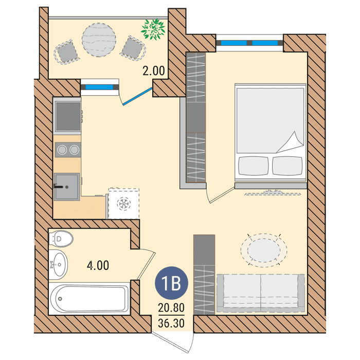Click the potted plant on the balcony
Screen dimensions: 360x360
click(153, 29)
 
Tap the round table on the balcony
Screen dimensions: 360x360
click(99, 40)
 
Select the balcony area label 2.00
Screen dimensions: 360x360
click(154, 71)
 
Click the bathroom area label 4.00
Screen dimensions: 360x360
click(98, 265)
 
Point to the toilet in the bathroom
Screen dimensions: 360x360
click(61, 239)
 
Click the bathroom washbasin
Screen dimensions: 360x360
click(58, 264)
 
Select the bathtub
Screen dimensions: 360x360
click(89, 298)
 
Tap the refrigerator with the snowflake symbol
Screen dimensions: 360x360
click(124, 203)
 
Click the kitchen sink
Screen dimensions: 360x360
click(67, 187)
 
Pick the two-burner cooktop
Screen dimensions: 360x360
click(68, 150)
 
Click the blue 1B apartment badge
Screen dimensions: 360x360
click(171, 283)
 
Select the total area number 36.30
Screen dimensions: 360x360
click(171, 323)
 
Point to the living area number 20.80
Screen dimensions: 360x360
click(171, 307)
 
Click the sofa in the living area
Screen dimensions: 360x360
click(261, 293)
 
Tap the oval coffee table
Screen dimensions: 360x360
click(264, 250)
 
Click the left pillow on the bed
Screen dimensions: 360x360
click(254, 166)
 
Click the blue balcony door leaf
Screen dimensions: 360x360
click(137, 96)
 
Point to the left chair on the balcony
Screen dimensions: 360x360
click(66, 52)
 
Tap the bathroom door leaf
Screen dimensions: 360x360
click(147, 266)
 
